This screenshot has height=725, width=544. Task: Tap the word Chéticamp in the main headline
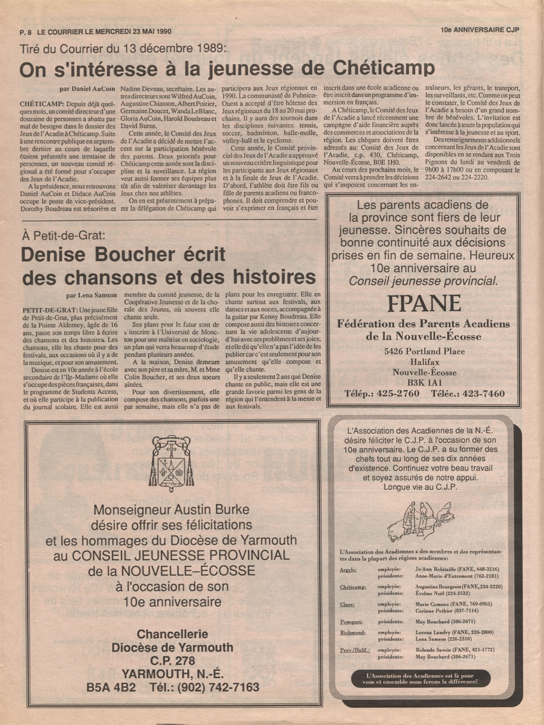(384, 68)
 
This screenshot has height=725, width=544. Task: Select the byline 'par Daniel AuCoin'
(87, 89)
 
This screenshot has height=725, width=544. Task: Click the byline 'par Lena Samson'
(91, 295)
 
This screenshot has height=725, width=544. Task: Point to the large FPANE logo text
(424, 303)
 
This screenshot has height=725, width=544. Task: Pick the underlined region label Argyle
(347, 570)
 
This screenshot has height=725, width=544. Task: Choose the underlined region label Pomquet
(351, 622)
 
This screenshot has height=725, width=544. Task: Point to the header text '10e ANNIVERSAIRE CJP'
(479, 30)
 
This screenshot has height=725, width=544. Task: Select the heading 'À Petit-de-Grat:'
(63, 235)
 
